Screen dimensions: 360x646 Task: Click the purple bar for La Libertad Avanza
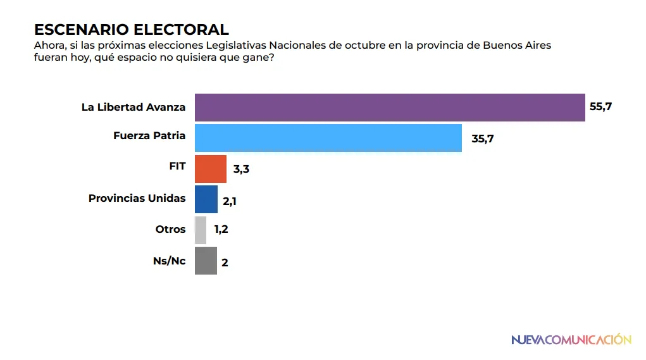[389, 107]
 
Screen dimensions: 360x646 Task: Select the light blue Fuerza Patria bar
[328, 138]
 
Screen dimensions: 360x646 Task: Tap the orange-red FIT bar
[210, 169]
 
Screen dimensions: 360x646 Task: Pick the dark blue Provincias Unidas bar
[206, 199]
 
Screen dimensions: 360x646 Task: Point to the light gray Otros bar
[200, 230]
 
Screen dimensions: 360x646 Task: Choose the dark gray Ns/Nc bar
[206, 261]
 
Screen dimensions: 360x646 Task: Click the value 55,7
[600, 107]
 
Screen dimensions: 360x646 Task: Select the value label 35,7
[482, 139]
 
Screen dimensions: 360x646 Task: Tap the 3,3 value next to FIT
[241, 170]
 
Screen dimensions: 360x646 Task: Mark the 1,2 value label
[221, 230]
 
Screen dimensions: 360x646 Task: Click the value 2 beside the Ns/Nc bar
[225, 263]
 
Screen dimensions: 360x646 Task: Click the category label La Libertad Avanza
[134, 107]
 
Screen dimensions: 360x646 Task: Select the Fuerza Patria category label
[149, 135]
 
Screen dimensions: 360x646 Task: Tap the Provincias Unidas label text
[137, 198]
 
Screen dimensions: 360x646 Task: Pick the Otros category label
[170, 229]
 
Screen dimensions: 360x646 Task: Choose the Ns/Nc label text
[169, 260]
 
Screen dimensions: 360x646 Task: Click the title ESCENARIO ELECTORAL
[131, 29]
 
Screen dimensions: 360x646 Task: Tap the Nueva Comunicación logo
[571, 340]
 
